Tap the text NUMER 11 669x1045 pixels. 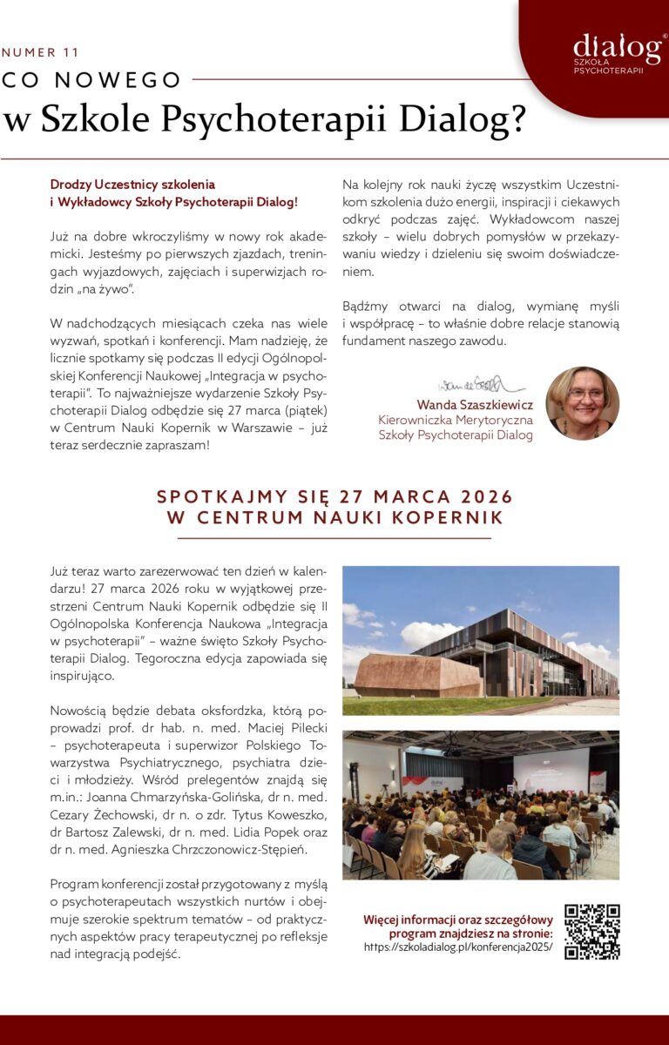click(41, 53)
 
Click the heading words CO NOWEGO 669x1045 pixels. click(92, 80)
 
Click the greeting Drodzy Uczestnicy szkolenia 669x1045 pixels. click(132, 185)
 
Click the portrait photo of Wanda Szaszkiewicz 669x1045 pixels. click(582, 403)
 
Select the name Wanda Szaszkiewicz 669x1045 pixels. click(474, 405)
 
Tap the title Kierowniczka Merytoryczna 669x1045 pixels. click(455, 420)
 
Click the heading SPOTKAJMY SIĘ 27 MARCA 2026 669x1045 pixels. click(334, 497)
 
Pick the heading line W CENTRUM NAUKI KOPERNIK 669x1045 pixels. click(334, 518)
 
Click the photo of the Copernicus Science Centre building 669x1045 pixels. click(481, 641)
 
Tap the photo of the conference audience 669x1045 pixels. click(481, 805)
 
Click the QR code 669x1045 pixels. click(592, 932)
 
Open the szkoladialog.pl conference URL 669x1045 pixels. click(458, 947)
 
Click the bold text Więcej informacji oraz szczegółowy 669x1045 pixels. click(458, 920)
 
